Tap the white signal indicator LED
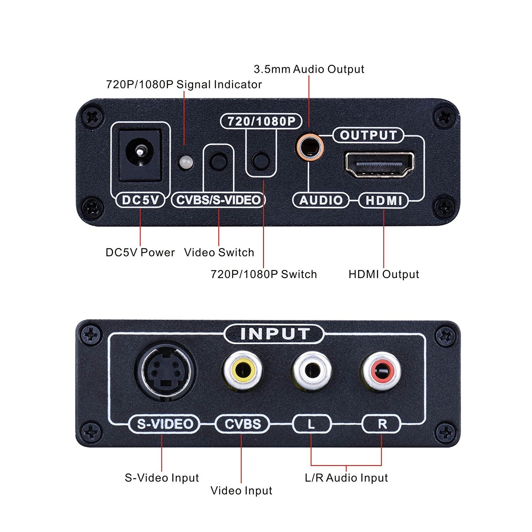click(186, 162)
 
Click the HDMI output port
click(379, 165)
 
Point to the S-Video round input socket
click(165, 372)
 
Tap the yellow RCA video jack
click(243, 371)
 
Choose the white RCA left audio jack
click(312, 371)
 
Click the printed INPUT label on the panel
click(275, 334)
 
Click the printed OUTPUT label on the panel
click(368, 135)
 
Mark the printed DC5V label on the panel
click(140, 200)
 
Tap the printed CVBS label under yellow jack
click(242, 424)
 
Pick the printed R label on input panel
click(382, 424)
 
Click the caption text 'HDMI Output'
click(383, 274)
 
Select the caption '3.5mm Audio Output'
click(309, 69)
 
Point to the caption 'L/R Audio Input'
click(346, 478)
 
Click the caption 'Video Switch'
click(219, 252)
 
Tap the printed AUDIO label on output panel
click(321, 200)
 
